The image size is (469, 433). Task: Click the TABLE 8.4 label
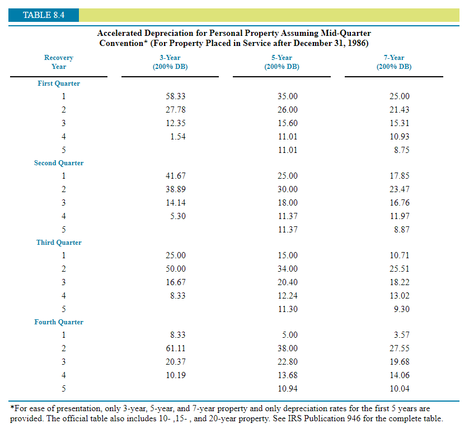43,15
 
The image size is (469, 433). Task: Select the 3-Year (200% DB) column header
170,62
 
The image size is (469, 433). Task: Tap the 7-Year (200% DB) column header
394,62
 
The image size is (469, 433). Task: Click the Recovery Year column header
59,62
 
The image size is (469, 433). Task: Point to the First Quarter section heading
59,83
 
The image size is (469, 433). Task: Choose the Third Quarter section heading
59,243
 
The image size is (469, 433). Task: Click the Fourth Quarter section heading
59,322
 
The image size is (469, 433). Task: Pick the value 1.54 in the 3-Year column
178,137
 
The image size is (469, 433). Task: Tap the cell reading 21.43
400,110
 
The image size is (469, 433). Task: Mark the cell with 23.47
400,189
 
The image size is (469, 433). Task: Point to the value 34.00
288,269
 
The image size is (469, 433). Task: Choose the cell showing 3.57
402,335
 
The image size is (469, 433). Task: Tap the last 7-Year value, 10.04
400,389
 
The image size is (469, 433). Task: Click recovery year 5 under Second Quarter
63,230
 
